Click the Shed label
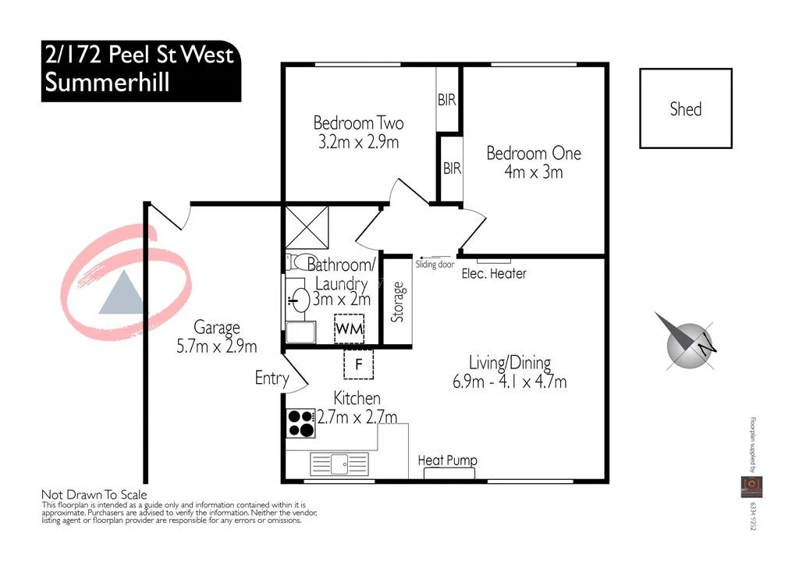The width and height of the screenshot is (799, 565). tap(685, 109)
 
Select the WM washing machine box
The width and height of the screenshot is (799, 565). tap(350, 329)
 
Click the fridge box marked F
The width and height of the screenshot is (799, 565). tap(359, 363)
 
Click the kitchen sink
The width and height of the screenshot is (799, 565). tap(340, 463)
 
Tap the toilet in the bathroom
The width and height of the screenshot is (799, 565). tap(296, 261)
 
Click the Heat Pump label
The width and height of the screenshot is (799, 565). tap(447, 460)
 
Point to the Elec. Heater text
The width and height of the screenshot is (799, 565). tap(494, 274)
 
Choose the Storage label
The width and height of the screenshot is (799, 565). tap(398, 302)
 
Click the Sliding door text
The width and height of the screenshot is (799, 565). tap(435, 265)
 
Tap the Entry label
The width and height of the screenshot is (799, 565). tap(272, 378)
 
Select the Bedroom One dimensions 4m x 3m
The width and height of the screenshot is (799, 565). tap(534, 172)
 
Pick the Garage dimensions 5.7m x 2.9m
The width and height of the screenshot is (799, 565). tap(217, 346)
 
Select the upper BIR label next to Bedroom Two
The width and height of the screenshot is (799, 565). tap(447, 101)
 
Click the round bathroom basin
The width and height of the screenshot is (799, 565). tap(297, 296)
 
